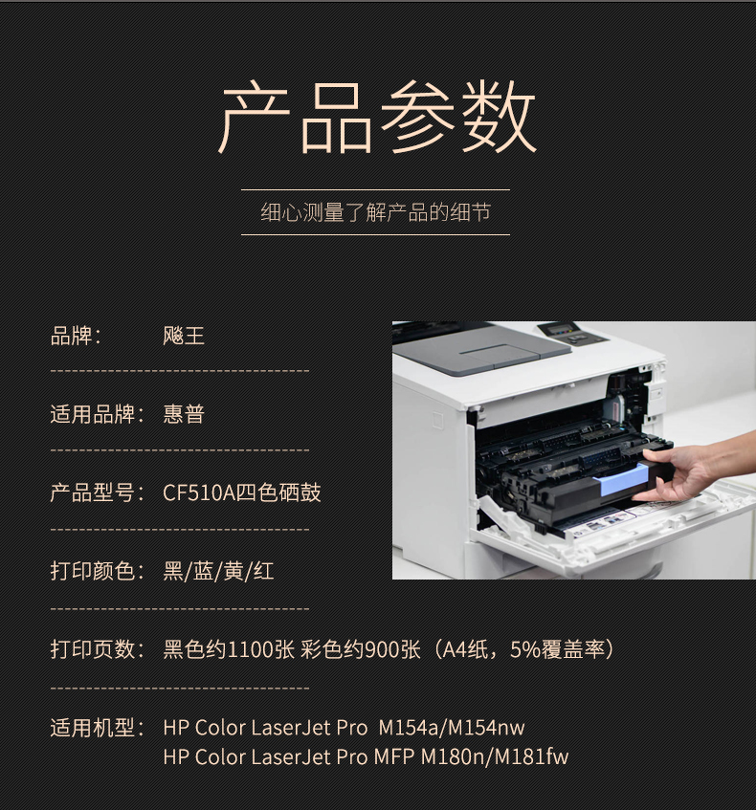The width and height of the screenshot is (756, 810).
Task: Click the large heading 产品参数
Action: coord(376,117)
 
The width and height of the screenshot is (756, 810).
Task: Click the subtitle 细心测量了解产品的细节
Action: coord(375,212)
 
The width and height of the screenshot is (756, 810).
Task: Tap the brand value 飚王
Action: coord(184,336)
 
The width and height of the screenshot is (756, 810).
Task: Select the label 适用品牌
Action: coord(93,414)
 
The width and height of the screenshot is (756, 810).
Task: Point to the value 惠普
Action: coord(184,414)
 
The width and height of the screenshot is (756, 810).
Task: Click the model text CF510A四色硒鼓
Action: coord(241,493)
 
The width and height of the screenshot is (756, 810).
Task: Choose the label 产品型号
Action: coord(93,493)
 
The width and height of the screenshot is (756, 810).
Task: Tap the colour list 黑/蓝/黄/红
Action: coord(218,571)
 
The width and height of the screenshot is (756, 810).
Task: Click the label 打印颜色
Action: coord(93,571)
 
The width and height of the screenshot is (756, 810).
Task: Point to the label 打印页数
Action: coord(93,649)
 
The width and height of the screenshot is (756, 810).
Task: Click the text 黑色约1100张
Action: coord(229,649)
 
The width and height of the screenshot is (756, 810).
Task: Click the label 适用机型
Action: coord(93,728)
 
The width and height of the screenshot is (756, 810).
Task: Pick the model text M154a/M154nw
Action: coord(452,728)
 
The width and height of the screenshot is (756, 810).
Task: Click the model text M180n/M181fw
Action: coord(495,757)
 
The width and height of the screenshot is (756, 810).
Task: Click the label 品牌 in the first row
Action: coord(72,336)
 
